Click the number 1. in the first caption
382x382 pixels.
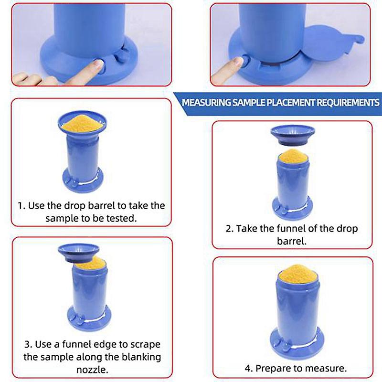tap(21, 206)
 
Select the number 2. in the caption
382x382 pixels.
tap(229, 228)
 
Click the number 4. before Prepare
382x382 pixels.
tap(249, 368)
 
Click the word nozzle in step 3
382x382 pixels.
tap(91, 369)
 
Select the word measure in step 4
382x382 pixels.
tap(330, 368)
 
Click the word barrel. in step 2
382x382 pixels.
tap(291, 241)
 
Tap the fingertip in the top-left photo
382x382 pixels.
tap(98, 65)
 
